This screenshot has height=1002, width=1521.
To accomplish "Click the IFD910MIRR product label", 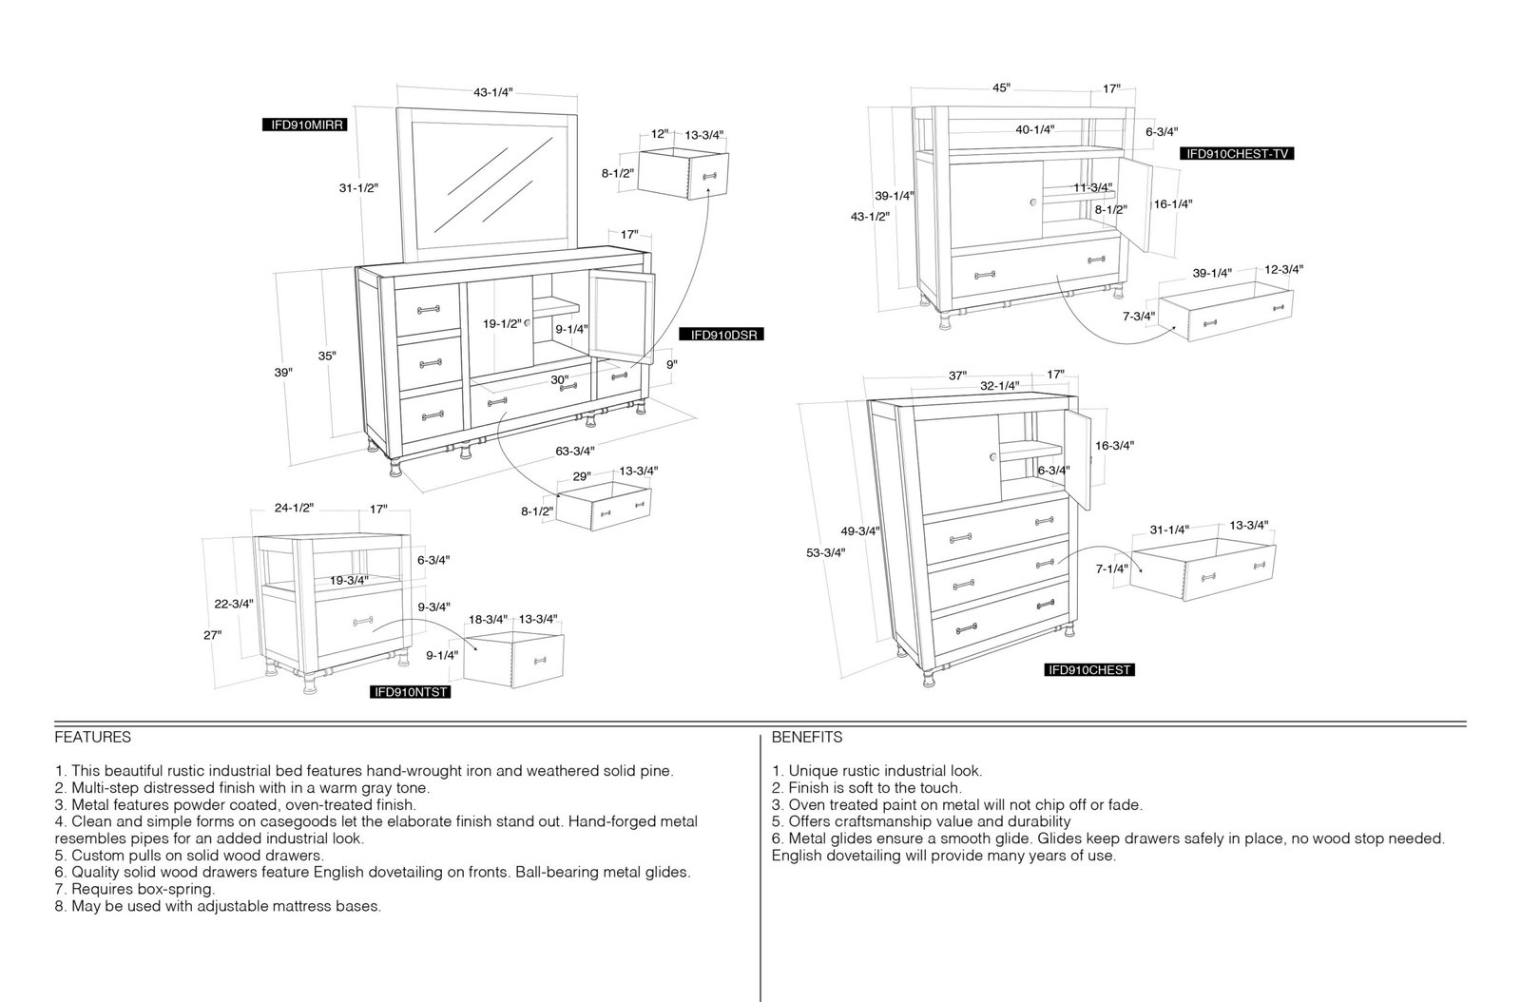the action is (304, 125).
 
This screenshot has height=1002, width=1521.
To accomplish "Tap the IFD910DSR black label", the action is (722, 335).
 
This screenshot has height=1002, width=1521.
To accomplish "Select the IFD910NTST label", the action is (411, 692).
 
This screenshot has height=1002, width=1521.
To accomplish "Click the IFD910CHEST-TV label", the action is (1237, 154).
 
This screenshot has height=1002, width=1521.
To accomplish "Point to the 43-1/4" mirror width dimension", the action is (493, 92).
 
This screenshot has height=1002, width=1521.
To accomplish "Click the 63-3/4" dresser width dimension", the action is (575, 451).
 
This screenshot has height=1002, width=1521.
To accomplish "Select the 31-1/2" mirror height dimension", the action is (358, 188).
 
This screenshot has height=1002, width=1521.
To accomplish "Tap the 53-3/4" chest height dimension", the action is (826, 552).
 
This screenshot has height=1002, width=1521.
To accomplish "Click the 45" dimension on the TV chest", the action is (1002, 87).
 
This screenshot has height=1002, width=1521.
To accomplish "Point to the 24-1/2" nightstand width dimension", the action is (294, 508).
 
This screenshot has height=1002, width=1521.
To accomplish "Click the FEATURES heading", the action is (93, 738).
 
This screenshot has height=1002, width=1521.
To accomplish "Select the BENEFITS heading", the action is (807, 738).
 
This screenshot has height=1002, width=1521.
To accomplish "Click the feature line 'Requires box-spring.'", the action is (134, 889).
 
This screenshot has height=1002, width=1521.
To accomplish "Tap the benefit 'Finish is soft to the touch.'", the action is (866, 788).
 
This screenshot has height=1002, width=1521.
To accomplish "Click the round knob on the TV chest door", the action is (1033, 202).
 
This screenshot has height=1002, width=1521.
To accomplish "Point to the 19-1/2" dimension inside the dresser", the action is (503, 324).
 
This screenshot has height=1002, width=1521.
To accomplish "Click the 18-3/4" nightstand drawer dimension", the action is (488, 619).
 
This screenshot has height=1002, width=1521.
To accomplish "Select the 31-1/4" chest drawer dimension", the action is (1169, 530).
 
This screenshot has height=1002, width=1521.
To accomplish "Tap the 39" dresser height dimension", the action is (283, 372).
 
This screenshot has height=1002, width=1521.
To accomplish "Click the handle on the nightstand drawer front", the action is (362, 621).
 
